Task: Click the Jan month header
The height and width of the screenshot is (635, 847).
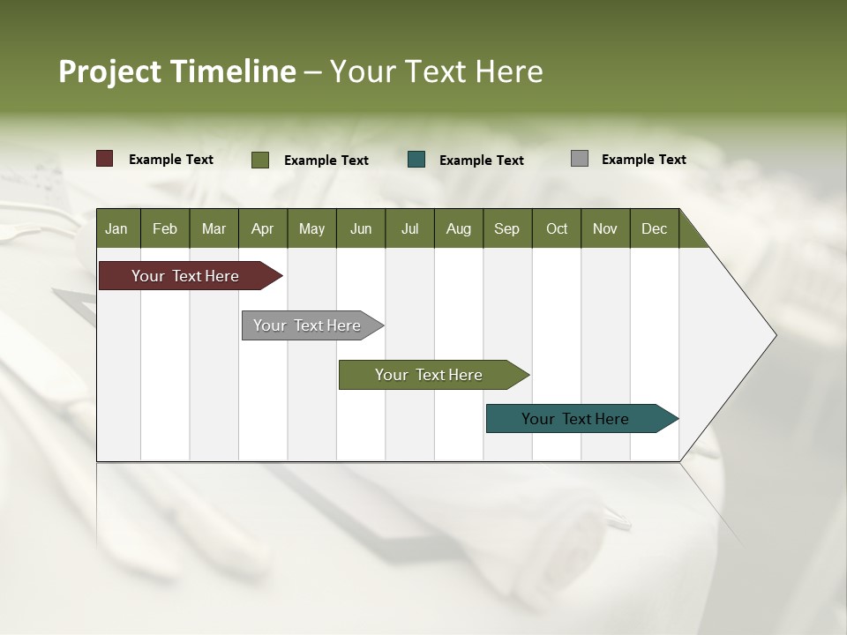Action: click(x=117, y=228)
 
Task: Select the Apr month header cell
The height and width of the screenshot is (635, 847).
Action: click(x=263, y=228)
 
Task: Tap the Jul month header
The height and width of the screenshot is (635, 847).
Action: click(x=409, y=228)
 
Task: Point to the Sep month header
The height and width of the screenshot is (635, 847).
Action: click(x=507, y=228)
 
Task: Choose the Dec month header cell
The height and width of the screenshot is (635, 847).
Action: click(x=654, y=228)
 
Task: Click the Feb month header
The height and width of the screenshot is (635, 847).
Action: click(x=165, y=228)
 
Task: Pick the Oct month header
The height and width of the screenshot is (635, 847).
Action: click(x=557, y=228)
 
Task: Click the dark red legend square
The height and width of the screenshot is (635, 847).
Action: click(x=105, y=159)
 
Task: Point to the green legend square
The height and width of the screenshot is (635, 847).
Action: click(x=260, y=160)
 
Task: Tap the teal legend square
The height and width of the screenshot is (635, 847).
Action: click(x=416, y=160)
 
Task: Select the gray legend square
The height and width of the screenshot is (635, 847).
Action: click(x=580, y=159)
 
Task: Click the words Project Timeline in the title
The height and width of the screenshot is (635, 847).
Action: click(x=176, y=71)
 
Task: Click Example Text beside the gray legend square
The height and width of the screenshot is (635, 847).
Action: click(x=643, y=160)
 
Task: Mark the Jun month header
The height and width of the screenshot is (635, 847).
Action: click(x=361, y=228)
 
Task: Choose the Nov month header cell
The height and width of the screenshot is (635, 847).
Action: click(x=605, y=228)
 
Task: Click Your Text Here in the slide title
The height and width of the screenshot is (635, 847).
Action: click(x=436, y=71)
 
